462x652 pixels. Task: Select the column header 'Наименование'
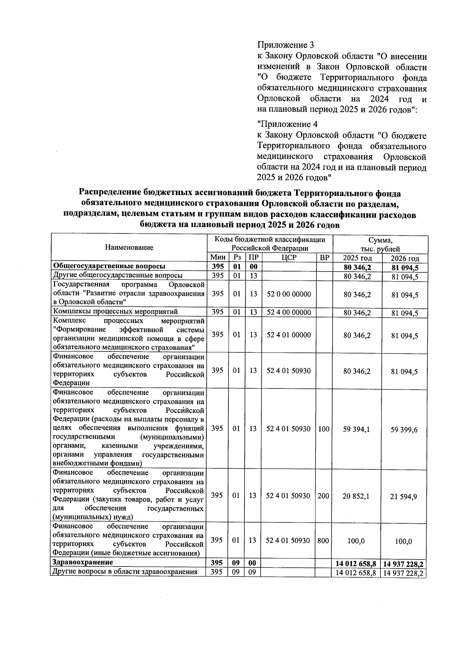129,247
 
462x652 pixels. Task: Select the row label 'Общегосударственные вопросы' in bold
109,266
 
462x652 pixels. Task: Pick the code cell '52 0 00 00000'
289,294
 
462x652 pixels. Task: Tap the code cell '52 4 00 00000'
289,312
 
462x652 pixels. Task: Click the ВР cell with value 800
323,541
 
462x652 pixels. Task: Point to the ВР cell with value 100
324,429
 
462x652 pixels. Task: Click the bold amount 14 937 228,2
403,565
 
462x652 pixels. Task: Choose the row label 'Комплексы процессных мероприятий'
115,312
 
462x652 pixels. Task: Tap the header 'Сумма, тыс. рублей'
380,244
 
